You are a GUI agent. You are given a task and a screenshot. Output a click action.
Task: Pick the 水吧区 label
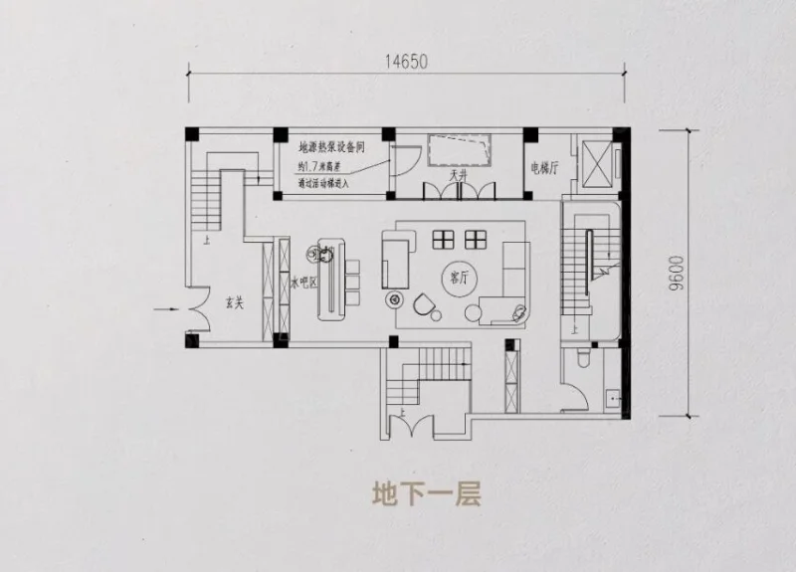click(x=302, y=284)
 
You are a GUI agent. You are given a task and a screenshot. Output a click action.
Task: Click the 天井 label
click(x=459, y=175)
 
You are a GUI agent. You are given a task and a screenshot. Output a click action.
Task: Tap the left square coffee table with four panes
click(x=443, y=239)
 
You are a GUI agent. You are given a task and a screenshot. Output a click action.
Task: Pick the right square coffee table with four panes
click(x=476, y=239)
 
